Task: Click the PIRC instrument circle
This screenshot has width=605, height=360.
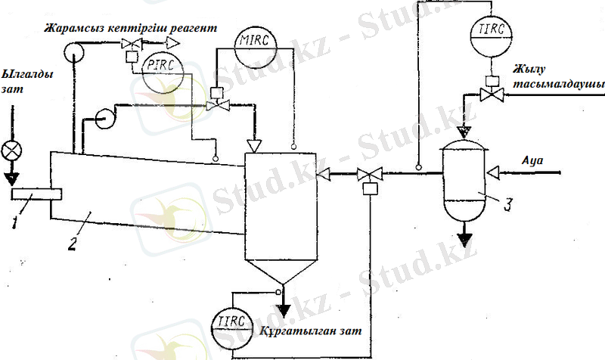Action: point(160,67)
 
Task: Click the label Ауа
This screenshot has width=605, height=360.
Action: point(532,161)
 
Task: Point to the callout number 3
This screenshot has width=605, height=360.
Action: point(509,203)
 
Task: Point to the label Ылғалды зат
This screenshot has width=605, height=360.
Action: point(18,83)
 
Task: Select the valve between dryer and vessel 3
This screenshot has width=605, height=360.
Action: point(370,176)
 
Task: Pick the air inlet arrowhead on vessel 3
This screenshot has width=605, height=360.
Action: point(494,173)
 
